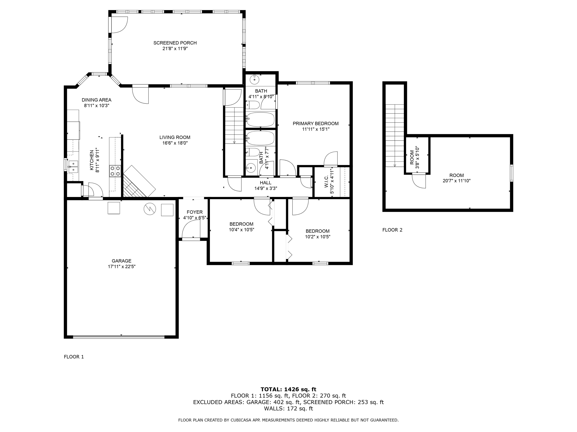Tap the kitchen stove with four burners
[x=115, y=171]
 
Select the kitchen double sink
[x=73, y=167]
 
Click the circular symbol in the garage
[x=150, y=209]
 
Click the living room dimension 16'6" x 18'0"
[x=175, y=143]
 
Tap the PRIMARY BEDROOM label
[x=315, y=124]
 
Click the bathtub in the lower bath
[x=260, y=138]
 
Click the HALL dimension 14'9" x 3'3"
[x=266, y=188]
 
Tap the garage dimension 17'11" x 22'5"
[x=122, y=267]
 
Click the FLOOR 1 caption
[x=74, y=357]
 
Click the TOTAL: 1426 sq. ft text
[x=288, y=389]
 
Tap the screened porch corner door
[x=119, y=25]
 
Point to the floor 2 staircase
[x=395, y=135]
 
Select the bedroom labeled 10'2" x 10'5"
[x=318, y=234]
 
